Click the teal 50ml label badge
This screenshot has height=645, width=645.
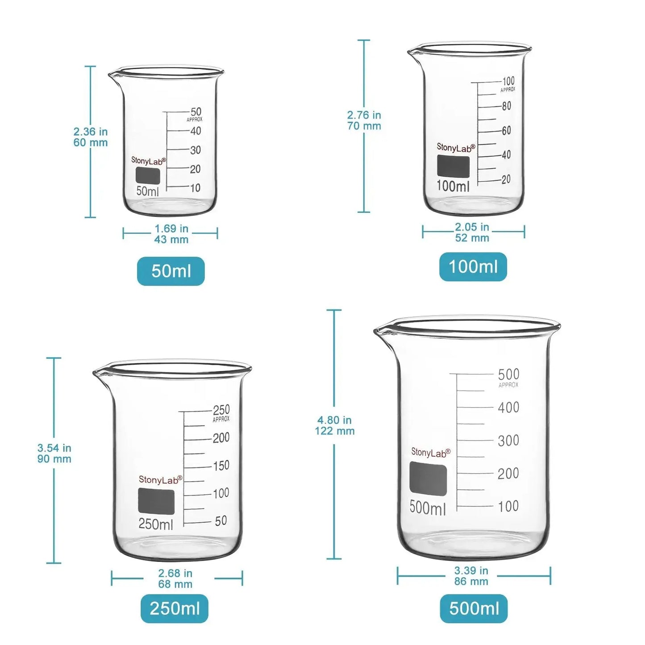pyautogui.click(x=171, y=271)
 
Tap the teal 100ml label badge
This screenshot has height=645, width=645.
pyautogui.click(x=473, y=266)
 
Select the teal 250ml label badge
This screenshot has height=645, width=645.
pyautogui.click(x=175, y=608)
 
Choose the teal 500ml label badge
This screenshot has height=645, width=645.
pyautogui.click(x=474, y=608)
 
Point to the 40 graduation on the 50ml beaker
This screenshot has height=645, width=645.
pyautogui.click(x=196, y=131)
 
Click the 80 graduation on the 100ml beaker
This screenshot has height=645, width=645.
pyautogui.click(x=506, y=106)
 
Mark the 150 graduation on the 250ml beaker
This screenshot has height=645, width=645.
pyautogui.click(x=221, y=466)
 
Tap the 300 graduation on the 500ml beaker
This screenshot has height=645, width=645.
pyautogui.click(x=508, y=441)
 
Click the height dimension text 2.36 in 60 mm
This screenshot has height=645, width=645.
pyautogui.click(x=91, y=137)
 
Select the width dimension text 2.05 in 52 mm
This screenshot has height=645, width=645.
pyautogui.click(x=472, y=233)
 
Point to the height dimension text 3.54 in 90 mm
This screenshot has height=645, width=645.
pyautogui.click(x=54, y=454)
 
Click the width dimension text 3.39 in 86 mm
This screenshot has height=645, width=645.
pyautogui.click(x=471, y=576)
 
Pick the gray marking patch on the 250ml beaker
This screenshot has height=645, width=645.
pyautogui.click(x=156, y=501)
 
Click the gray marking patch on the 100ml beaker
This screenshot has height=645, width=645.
pyautogui.click(x=453, y=166)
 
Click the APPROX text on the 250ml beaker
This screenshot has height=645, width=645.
pyautogui.click(x=221, y=419)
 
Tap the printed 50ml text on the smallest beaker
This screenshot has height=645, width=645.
pyautogui.click(x=147, y=191)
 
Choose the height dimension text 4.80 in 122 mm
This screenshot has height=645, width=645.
pyautogui.click(x=335, y=425)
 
